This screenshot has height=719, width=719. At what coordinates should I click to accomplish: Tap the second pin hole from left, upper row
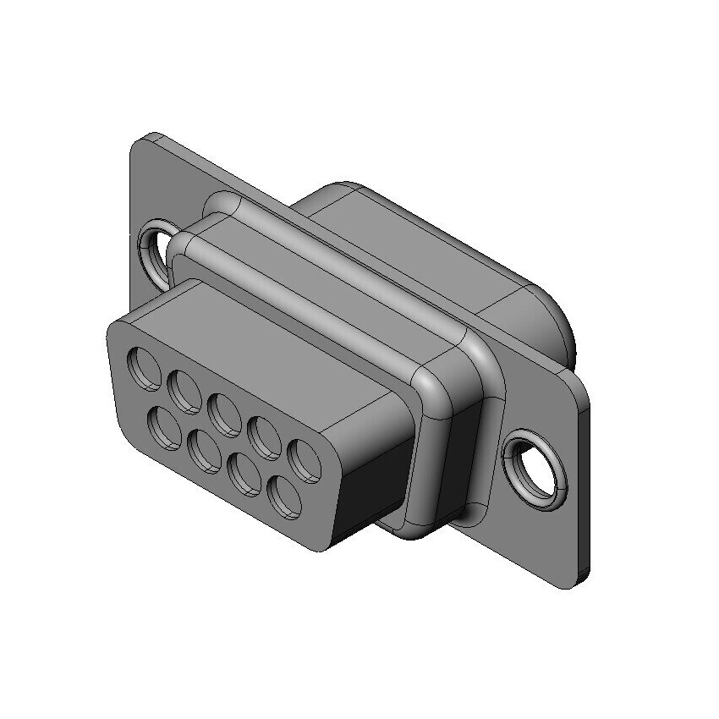pyautogui.click(x=184, y=390)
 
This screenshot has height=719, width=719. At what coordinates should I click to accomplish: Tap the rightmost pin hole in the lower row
pyautogui.click(x=286, y=497)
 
